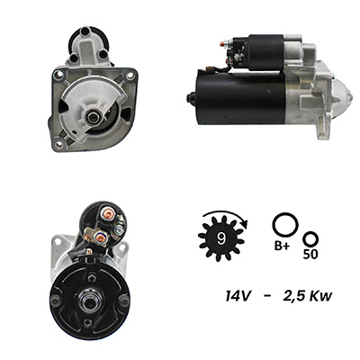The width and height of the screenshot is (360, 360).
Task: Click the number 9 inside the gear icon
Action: click(221, 238)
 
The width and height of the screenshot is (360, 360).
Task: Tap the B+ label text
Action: click(283, 246)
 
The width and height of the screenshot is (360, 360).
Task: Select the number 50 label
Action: click(310, 254)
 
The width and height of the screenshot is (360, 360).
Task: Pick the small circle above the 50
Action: click(310, 239)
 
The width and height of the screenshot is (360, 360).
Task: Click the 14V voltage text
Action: click(238, 296)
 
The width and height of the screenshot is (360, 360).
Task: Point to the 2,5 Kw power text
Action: click(308, 296)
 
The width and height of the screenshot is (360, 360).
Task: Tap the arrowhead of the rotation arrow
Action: click(245, 223)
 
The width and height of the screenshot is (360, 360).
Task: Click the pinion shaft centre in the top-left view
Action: click(92, 117)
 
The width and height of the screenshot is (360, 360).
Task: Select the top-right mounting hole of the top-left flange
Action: click(130, 75)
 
